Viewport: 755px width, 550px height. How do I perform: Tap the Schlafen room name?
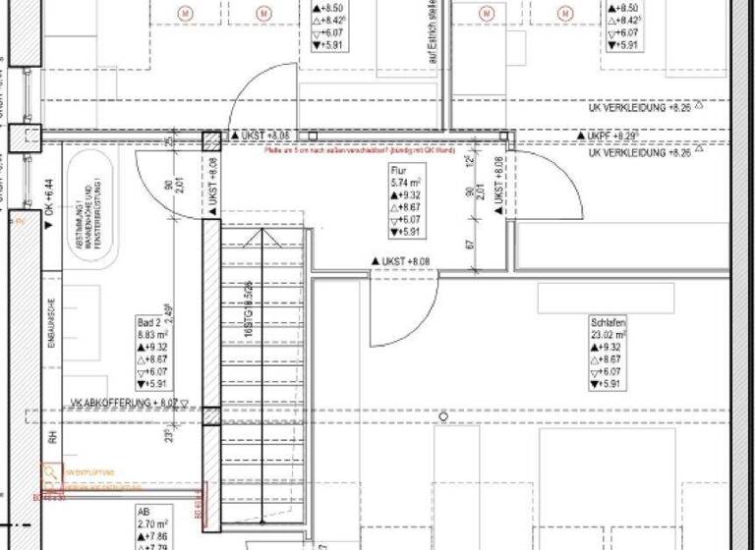click(x=608, y=321)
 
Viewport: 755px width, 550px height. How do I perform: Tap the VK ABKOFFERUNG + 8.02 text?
click(x=123, y=403)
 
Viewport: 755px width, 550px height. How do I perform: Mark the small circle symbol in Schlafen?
click(x=443, y=417)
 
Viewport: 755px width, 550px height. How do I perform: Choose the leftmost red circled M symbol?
click(x=186, y=13)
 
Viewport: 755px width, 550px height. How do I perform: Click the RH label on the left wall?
click(x=50, y=437)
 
